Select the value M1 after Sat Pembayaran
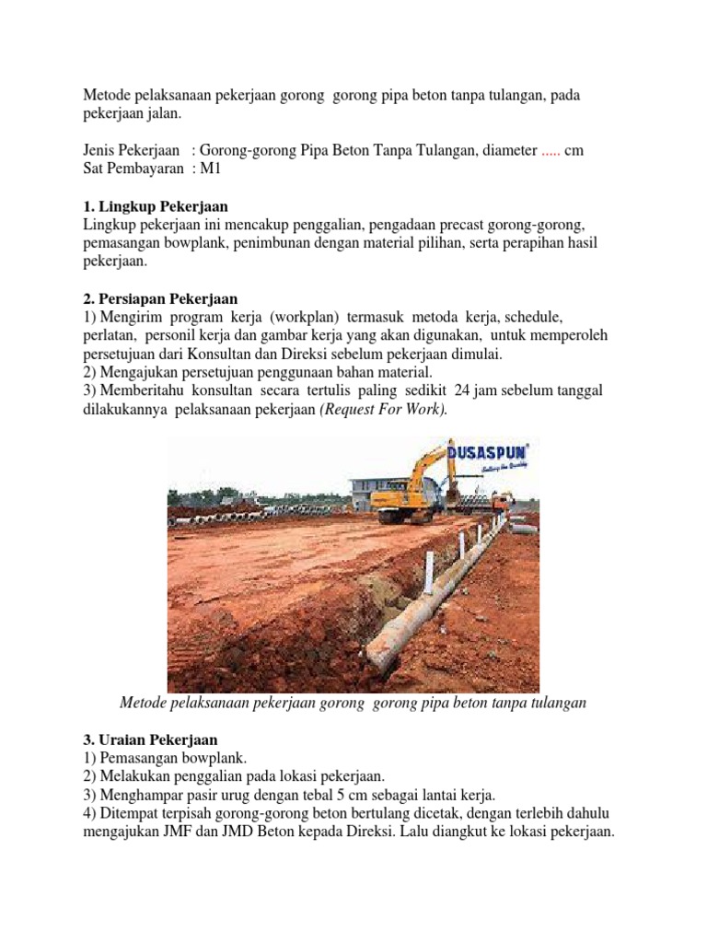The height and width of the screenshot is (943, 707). point(213,169)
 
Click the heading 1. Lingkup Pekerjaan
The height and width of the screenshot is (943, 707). point(156,206)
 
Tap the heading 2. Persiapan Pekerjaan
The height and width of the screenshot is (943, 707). point(160,299)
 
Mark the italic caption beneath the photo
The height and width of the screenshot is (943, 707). point(353,703)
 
